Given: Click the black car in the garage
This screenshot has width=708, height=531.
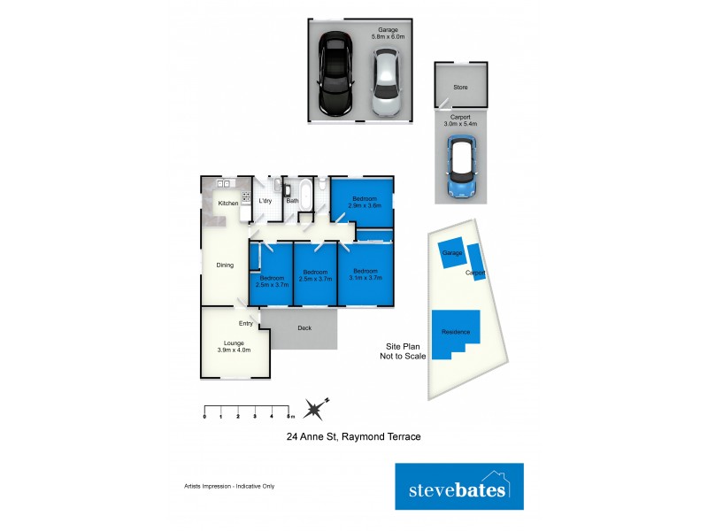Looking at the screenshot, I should point(336,73).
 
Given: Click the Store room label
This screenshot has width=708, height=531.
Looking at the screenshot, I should point(460,88).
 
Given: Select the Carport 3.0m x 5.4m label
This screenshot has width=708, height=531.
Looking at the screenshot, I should point(460,120).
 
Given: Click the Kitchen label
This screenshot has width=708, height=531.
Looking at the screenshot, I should point(228,204).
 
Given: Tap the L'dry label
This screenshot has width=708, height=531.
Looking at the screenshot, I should point(265,201).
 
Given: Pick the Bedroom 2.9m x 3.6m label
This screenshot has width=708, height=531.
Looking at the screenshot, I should point(362,202).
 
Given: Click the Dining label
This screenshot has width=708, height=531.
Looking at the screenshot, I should point(225,265).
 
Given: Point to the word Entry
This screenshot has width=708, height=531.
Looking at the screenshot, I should point(245,323).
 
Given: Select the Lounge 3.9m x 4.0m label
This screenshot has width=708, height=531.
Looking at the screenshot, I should point(234,345).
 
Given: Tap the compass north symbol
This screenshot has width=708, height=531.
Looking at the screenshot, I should point(315,409).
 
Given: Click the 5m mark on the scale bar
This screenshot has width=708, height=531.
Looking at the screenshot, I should point(289,414).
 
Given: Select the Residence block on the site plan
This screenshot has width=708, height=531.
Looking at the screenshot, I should point(457,331).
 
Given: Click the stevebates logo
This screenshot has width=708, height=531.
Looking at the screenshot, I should point(458,489).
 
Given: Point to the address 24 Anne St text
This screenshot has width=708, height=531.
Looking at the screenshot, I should point(352,437).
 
